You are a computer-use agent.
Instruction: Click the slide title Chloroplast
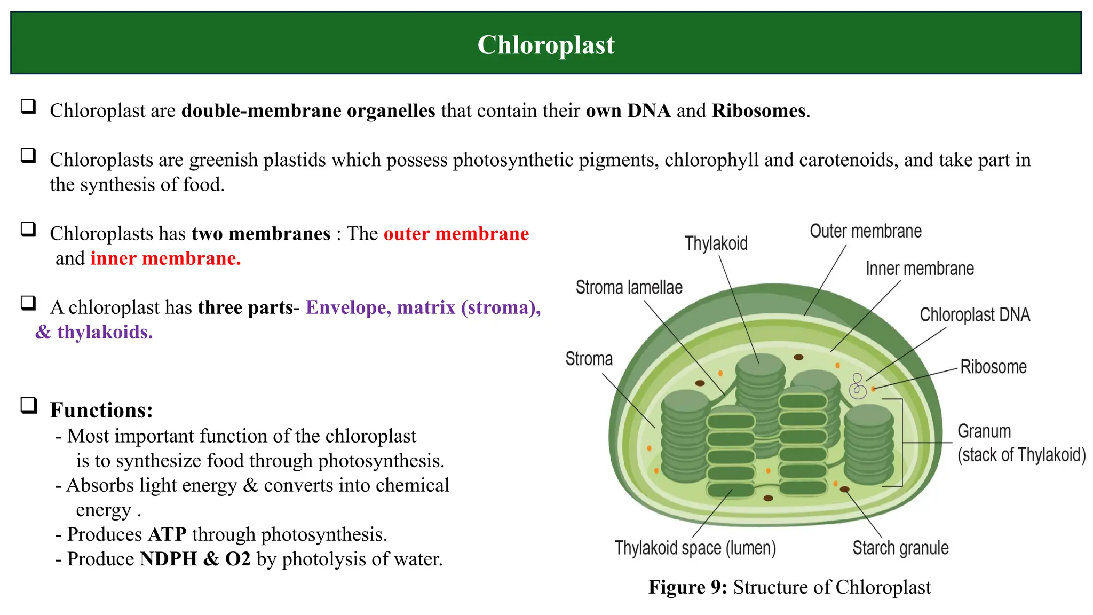[x=545, y=45]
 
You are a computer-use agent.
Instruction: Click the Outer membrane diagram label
[x=865, y=231]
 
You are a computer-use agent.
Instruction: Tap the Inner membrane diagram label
[x=919, y=269]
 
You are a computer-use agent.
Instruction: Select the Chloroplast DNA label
[x=975, y=315]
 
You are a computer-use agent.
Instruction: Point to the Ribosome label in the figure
[x=993, y=367]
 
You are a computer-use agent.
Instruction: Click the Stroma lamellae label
[x=629, y=288]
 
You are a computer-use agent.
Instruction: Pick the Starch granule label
[x=900, y=548]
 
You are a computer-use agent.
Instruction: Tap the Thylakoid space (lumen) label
[x=695, y=548]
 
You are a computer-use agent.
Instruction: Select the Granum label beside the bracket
[x=984, y=431]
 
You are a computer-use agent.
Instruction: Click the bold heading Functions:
[x=101, y=410]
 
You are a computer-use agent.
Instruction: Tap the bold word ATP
[x=167, y=534]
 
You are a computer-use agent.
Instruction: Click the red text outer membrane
[x=456, y=234]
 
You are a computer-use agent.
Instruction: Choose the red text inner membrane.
[x=165, y=258]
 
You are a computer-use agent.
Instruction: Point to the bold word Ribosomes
[x=758, y=111]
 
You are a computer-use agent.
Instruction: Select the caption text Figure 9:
[x=687, y=587]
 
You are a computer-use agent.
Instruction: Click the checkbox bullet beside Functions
[x=29, y=406]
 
